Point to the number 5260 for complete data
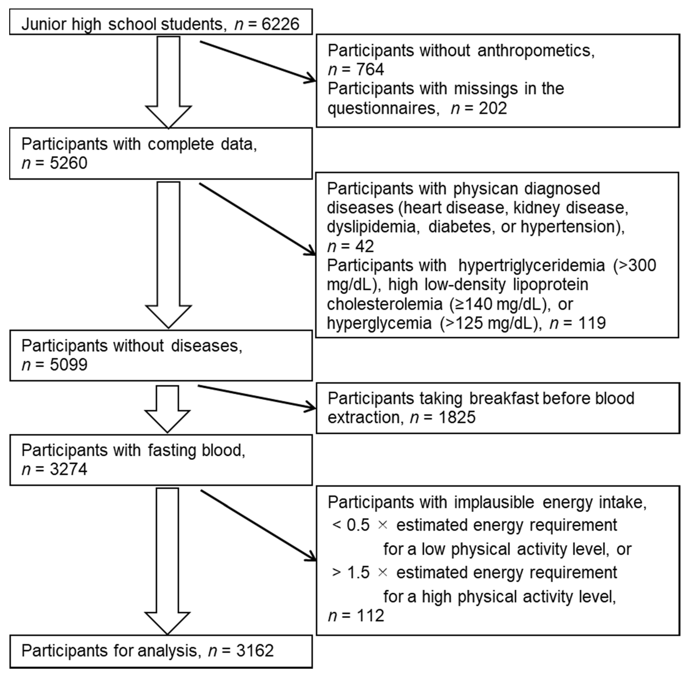pyautogui.click(x=68, y=163)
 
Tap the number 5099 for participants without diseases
pyautogui.click(x=68, y=365)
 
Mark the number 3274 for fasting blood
pyautogui.click(x=68, y=469)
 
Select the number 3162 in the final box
pyautogui.click(x=255, y=651)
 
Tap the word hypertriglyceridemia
pyautogui.click(x=531, y=265)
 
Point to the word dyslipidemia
pyautogui.click(x=371, y=227)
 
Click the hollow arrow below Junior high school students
pyautogui.click(x=168, y=81)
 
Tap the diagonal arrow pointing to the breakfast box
pyautogui.click(x=257, y=397)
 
